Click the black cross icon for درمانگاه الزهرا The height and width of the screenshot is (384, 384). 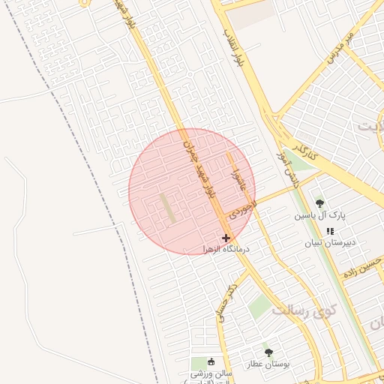tap(226, 238)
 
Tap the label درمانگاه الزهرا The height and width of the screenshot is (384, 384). tap(226, 248)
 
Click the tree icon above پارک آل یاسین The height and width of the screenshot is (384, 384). tap(320, 203)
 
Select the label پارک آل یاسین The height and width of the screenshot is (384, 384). tap(320, 215)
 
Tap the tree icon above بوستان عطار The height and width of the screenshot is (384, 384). tap(268, 352)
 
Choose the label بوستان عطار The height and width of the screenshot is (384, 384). tap(268, 364)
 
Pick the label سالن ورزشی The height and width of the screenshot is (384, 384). tap(211, 373)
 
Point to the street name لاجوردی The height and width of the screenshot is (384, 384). tap(243, 205)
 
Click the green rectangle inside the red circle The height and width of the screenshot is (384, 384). tap(169, 208)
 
